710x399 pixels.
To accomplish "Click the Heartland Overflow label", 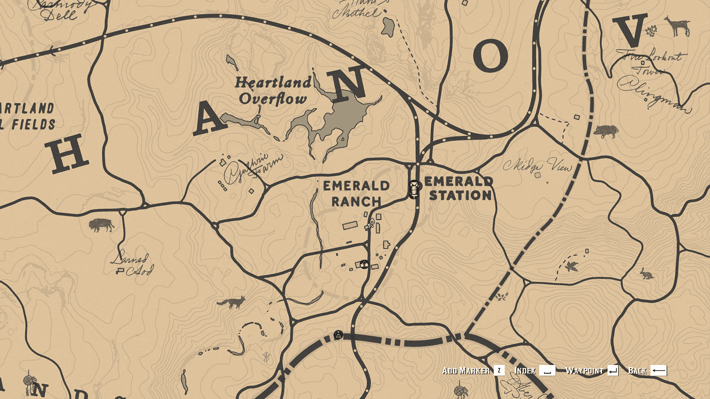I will click(272, 90).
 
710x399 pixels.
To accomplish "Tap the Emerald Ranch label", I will click(356, 194).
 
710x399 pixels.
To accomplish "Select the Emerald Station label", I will click(459, 188).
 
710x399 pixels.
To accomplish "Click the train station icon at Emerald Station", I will click(414, 189).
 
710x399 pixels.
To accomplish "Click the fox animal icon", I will click(232, 303).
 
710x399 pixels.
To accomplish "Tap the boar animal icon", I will click(606, 131).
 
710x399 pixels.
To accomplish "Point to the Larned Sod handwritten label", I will click(132, 264).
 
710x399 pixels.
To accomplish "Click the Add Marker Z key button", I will click(499, 371).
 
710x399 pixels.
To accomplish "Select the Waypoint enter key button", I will click(613, 371).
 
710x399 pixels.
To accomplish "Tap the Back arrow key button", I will click(659, 371).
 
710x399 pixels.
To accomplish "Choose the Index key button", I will click(547, 371).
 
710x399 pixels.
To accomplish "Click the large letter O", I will click(490, 56).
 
